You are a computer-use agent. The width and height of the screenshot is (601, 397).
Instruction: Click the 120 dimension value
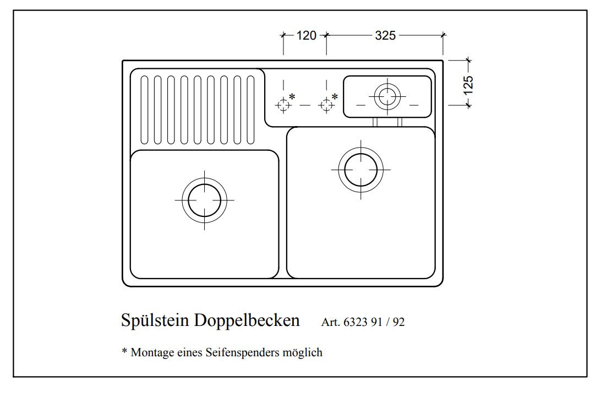[307, 36]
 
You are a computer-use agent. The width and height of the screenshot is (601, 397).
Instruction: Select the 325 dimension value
[385, 36]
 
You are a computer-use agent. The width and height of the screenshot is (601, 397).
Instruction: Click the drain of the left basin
[204, 200]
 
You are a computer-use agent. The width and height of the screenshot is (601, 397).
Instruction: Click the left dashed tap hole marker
[283, 105]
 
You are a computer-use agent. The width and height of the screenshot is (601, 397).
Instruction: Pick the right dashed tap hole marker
[326, 105]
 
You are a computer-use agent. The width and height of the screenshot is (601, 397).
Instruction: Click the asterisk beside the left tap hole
[292, 96]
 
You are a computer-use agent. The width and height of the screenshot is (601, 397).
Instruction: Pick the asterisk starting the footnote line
[124, 351]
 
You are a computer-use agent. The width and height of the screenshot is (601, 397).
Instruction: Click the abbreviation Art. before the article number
[330, 323]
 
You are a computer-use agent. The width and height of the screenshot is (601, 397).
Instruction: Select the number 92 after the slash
[398, 323]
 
